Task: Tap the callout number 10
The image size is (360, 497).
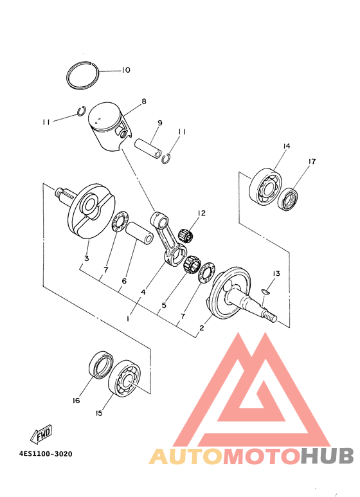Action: (125, 70)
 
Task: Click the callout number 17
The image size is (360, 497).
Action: (312, 161)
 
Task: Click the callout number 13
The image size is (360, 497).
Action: (275, 274)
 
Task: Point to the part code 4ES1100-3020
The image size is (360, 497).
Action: (46, 453)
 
